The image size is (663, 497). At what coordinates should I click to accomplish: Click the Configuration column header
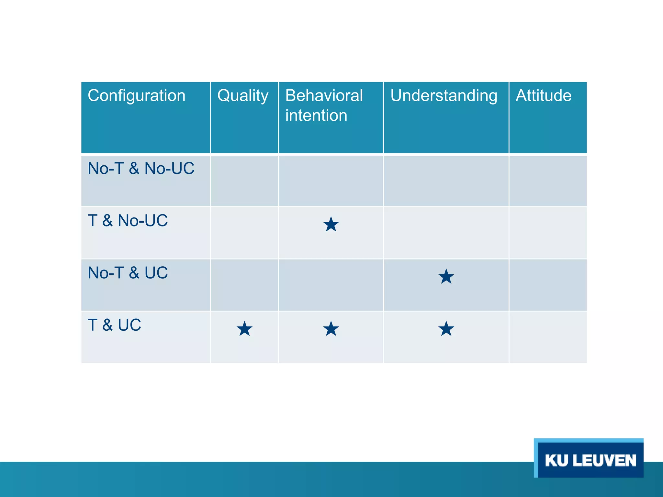coord(136,96)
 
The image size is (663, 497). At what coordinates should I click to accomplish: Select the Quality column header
coord(243,96)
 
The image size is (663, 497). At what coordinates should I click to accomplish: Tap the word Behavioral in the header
coord(324,96)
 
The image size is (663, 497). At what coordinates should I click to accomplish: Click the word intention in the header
coord(316,116)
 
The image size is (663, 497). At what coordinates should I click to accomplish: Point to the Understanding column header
coord(444,96)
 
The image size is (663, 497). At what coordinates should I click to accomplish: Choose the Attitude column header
coord(544,96)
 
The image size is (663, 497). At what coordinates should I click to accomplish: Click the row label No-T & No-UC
coord(141,169)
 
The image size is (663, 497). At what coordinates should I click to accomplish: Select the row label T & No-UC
coord(128,221)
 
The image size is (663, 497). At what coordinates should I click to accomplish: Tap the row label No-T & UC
coord(128,273)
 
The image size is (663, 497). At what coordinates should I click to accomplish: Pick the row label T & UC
coord(114,325)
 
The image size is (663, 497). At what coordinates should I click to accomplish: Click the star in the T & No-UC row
coord(331,225)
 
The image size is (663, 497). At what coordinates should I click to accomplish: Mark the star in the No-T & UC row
coord(446,277)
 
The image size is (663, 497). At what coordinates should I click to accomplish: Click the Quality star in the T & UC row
coord(244,329)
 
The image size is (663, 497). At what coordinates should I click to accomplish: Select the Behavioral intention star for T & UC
coord(331,329)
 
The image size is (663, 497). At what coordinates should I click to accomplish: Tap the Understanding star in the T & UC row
coord(446,329)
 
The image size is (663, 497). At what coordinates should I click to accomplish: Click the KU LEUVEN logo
coord(590,460)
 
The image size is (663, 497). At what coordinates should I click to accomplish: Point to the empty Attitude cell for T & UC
coord(548,337)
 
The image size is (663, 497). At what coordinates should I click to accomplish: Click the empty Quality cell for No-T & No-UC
coord(244,181)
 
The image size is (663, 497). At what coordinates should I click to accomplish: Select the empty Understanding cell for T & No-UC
coord(446,233)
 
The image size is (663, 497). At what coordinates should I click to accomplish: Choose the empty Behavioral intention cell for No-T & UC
coord(331,285)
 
